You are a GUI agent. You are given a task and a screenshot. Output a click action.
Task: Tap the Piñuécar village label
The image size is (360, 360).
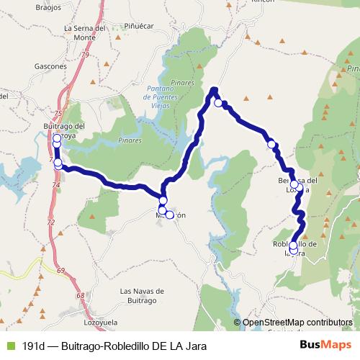tap(141, 26)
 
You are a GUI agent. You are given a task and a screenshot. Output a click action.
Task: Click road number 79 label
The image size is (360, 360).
tap(85, 55)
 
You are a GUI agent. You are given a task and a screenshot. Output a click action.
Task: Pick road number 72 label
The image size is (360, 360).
tap(51, 223)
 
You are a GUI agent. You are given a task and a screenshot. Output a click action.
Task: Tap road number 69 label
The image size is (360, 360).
tap(61, 270)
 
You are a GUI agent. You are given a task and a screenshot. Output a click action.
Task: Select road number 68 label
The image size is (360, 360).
tap(81, 296)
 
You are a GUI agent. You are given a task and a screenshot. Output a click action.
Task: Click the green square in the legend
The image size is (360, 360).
tap(9, 346)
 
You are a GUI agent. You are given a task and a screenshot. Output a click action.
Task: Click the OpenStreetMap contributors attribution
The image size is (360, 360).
tap(297, 323)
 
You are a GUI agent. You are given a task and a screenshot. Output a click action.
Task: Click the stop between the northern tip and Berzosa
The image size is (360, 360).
tap(271, 144)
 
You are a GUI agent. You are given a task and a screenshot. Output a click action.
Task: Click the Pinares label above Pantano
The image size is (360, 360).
tap(183, 84)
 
